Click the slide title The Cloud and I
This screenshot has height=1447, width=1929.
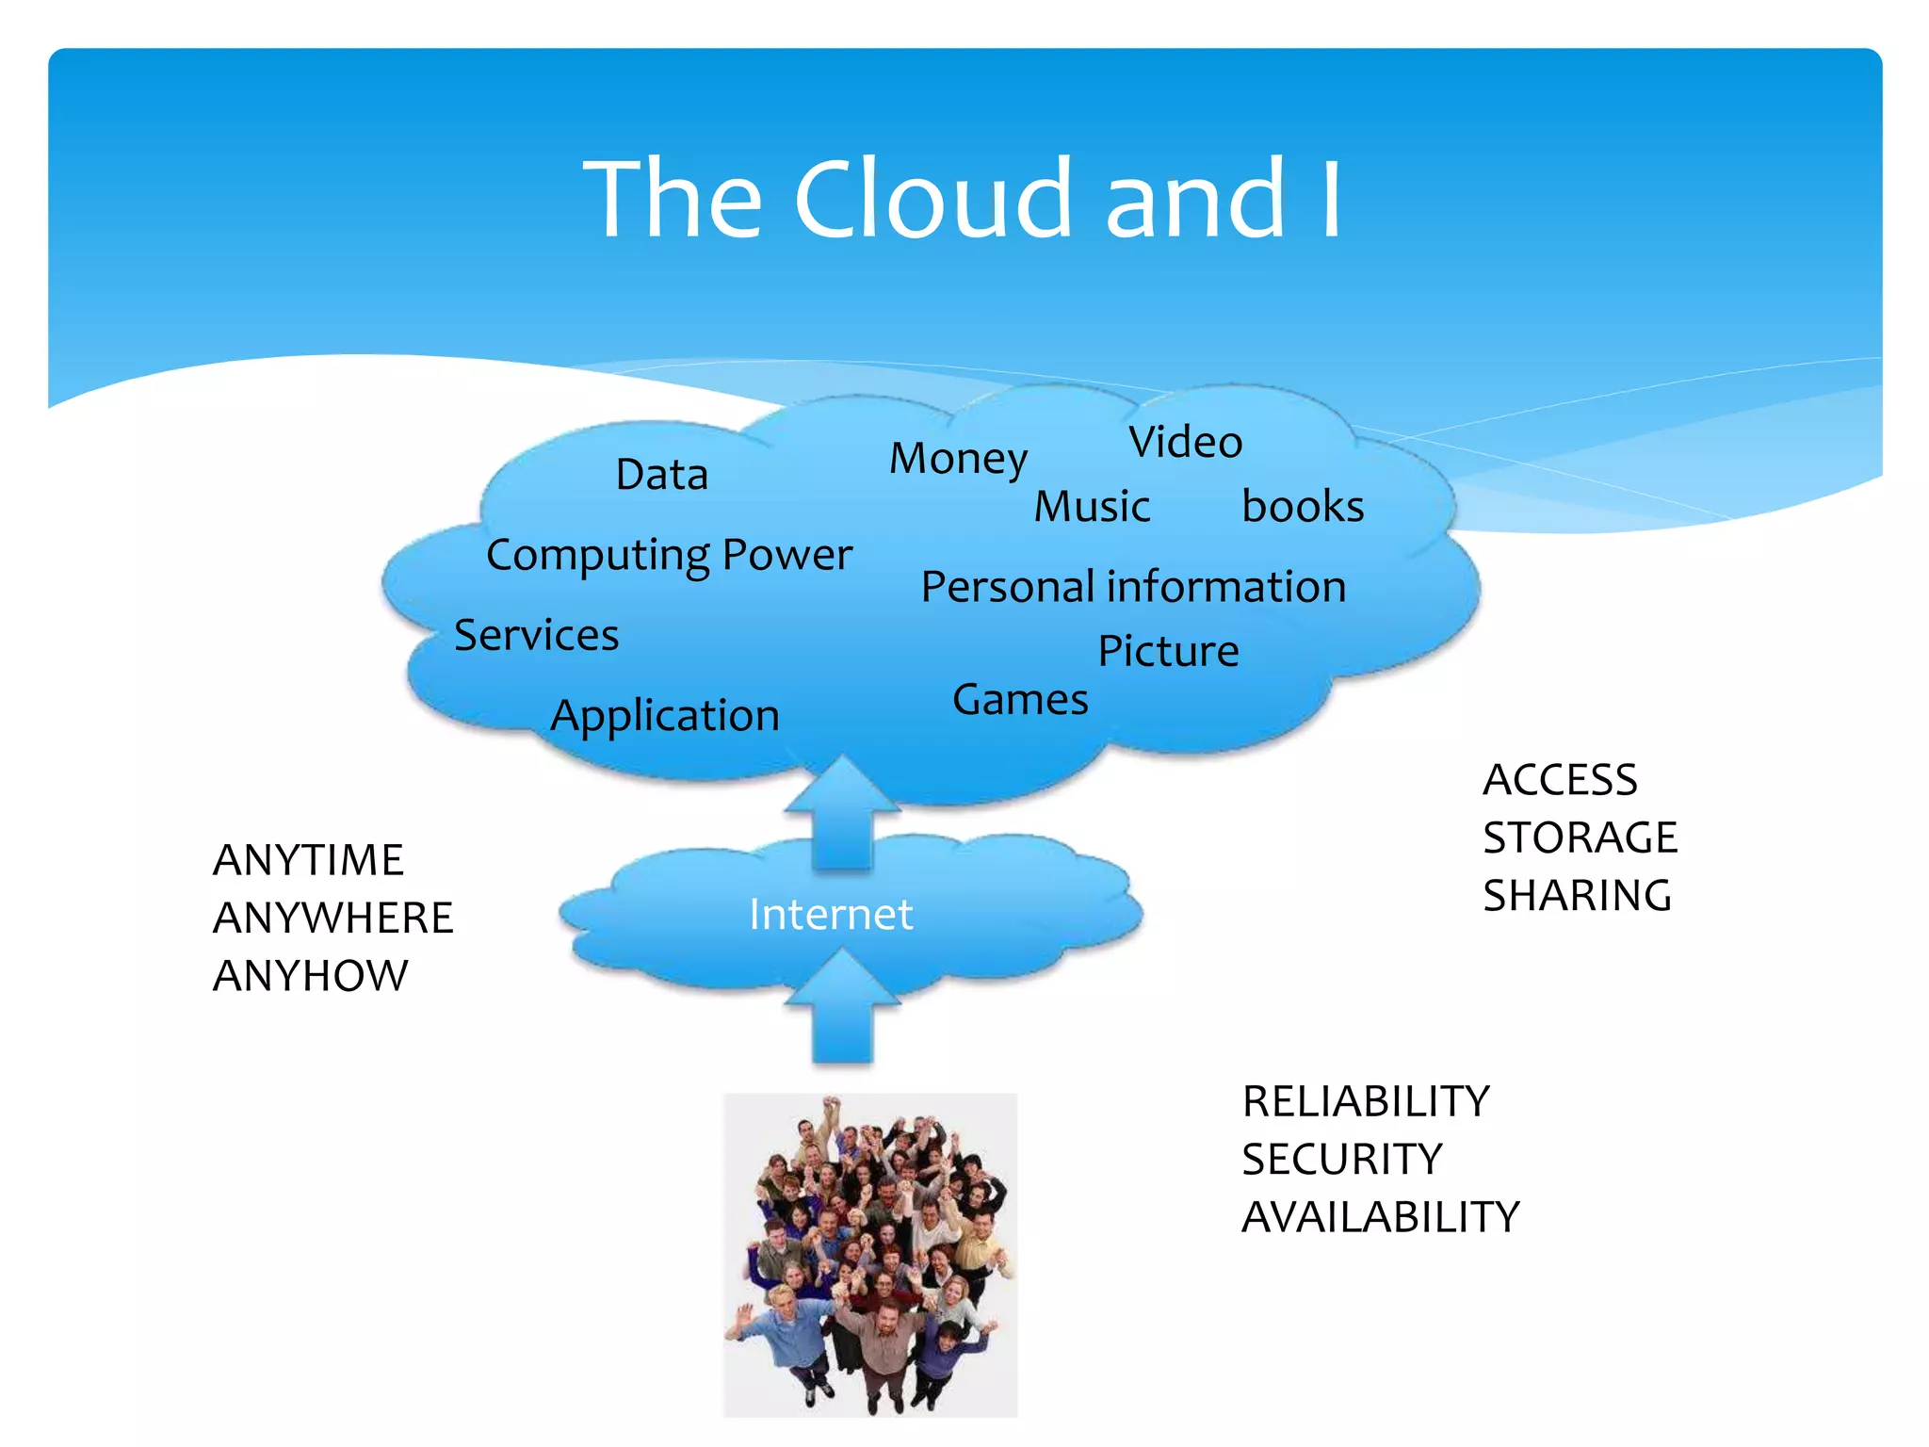click(963, 199)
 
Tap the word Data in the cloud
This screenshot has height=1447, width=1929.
click(661, 474)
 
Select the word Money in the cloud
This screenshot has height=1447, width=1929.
click(958, 459)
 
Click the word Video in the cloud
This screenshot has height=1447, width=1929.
click(1185, 442)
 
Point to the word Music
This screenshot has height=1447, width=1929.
click(1092, 507)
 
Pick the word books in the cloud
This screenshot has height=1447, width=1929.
click(1302, 507)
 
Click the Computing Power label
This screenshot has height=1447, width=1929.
click(669, 555)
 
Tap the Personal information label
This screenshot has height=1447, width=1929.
click(1133, 587)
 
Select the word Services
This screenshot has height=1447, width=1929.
click(536, 635)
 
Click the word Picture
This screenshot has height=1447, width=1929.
click(1168, 651)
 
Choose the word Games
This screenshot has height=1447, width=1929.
click(1020, 700)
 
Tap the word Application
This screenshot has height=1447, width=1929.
click(665, 716)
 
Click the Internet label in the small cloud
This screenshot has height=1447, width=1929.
click(831, 914)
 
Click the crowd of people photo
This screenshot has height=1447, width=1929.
click(869, 1254)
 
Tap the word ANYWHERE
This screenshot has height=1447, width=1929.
click(333, 918)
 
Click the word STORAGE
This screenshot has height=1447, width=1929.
click(1580, 837)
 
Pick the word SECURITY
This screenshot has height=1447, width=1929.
click(1341, 1159)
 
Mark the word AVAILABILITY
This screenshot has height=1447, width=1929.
click(1380, 1217)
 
